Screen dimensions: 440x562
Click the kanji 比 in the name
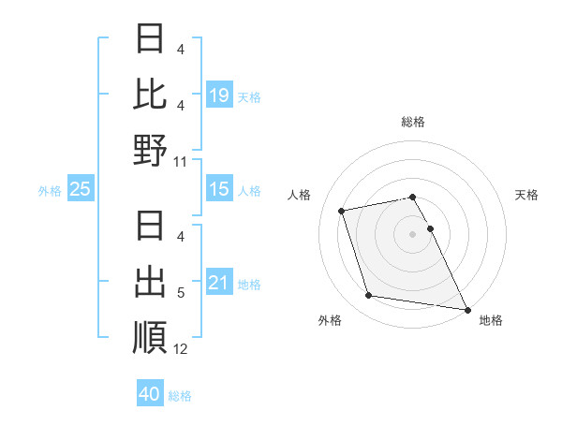tap(151, 94)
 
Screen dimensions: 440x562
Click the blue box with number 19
tap(219, 95)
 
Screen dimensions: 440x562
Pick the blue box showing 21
tap(219, 283)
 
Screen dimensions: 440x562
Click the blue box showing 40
tap(150, 394)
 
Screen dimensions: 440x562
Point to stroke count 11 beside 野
tap(181, 161)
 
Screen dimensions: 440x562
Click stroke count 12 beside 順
tap(181, 348)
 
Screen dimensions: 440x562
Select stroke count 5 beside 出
tap(181, 293)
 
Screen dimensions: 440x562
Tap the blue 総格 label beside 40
tap(180, 395)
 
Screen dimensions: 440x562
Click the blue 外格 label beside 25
tap(50, 191)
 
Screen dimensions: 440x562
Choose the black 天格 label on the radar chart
tap(526, 195)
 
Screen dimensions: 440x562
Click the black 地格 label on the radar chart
tap(491, 320)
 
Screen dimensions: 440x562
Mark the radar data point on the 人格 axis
tap(342, 210)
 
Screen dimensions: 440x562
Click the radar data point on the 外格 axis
tap(369, 296)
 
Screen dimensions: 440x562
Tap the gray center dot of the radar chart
tap(412, 233)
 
